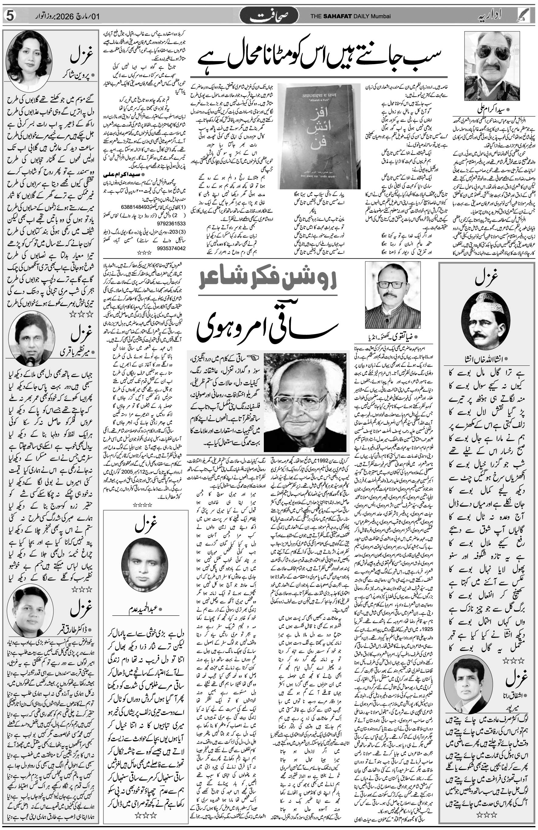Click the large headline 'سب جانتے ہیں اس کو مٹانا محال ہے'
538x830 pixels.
(x=321, y=57)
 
